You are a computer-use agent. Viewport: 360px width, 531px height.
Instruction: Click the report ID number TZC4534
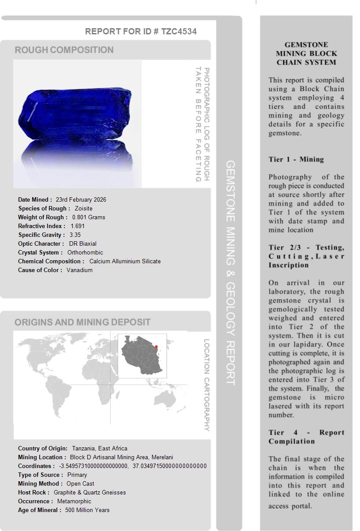(179, 31)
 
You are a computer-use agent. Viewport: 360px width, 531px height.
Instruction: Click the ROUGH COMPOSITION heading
(64, 50)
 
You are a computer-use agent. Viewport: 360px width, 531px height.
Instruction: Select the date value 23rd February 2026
(81, 199)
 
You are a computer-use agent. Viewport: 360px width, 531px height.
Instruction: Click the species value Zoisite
(83, 208)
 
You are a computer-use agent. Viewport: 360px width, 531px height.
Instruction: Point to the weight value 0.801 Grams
(89, 217)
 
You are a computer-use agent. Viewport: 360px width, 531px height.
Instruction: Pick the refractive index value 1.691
(78, 226)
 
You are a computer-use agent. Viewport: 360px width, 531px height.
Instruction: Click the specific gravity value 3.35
(75, 235)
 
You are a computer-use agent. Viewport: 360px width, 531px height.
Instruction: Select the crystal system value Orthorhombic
(85, 252)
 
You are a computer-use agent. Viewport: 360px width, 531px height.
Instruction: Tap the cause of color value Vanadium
(79, 270)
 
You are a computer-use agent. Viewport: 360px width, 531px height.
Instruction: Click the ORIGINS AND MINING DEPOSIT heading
(82, 322)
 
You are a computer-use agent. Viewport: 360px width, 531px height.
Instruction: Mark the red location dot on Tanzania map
(156, 347)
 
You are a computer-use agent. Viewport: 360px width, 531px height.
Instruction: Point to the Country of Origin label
(43, 448)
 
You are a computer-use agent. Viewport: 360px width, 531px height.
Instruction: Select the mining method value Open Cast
(80, 483)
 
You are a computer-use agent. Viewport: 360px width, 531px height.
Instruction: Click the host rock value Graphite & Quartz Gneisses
(89, 492)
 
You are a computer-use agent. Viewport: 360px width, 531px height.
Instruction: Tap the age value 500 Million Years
(87, 510)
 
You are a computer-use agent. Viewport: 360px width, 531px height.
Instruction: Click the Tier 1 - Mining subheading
(296, 159)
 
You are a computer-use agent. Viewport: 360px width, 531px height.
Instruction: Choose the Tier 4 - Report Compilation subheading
(306, 437)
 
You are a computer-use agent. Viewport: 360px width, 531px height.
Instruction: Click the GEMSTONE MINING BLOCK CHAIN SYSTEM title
(306, 53)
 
